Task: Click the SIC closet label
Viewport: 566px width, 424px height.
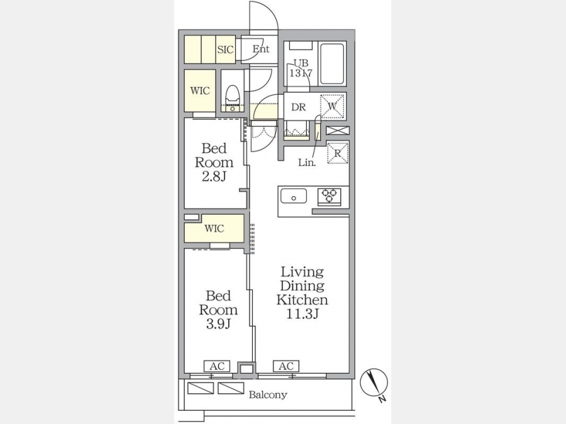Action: (226, 50)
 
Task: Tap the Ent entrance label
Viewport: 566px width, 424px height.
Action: (260, 48)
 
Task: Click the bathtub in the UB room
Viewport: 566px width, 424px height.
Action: (332, 64)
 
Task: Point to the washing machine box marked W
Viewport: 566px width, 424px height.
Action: (332, 106)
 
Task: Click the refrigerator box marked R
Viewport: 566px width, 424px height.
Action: (338, 153)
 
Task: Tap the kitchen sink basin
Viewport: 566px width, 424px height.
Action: (294, 196)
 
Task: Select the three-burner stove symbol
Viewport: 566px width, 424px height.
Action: (329, 197)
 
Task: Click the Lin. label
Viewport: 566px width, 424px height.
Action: (307, 163)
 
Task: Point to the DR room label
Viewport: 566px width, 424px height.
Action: (299, 107)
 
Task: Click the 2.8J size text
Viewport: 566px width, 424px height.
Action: (214, 177)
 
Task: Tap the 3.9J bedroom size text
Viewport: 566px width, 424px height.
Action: (218, 324)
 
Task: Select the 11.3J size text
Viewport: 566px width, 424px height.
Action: (302, 314)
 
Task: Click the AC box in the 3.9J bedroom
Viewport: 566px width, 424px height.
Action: (217, 366)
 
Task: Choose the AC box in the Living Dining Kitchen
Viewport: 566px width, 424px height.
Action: (286, 366)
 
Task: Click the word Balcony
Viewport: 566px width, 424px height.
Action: (268, 395)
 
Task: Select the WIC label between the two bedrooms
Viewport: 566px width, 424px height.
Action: (214, 228)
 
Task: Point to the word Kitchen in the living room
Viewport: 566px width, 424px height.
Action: (302, 300)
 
